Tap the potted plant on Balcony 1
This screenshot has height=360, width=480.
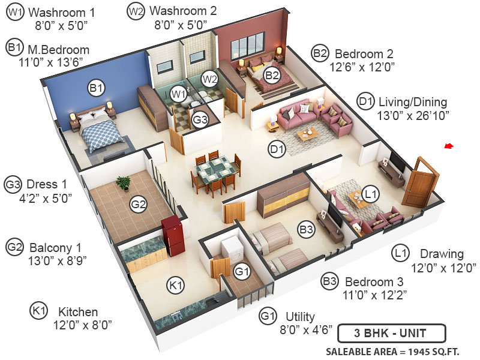124,183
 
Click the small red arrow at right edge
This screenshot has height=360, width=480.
449,146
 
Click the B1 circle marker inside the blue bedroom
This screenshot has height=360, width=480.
96,89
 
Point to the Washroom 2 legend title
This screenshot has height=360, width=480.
182,11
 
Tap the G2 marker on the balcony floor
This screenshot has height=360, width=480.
139,205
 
